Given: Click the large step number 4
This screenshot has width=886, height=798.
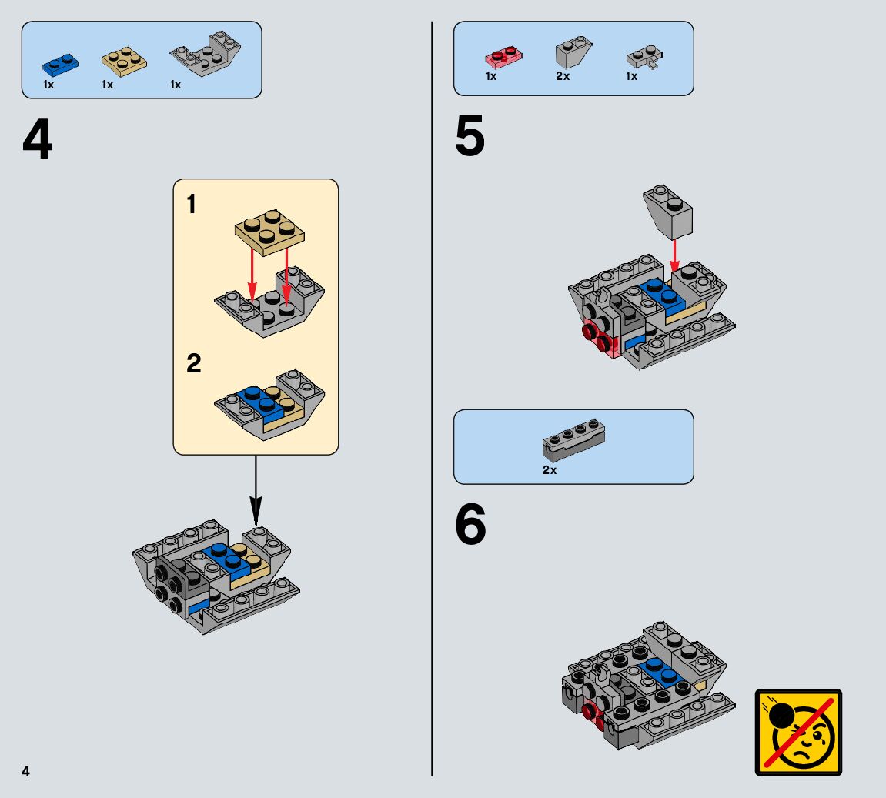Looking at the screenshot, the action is (38, 140).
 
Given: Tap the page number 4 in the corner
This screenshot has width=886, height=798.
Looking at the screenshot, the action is (26, 771).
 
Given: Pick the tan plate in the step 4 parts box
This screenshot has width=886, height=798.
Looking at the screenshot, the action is (123, 62).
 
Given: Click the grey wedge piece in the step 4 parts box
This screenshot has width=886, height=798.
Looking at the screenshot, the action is (205, 55).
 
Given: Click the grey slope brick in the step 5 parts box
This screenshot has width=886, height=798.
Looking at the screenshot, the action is (573, 54).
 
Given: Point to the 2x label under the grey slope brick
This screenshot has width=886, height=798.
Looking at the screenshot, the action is (563, 77).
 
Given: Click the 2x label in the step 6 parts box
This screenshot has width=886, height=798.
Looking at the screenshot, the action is (549, 470).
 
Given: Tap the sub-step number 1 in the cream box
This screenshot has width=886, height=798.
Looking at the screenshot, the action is (192, 205).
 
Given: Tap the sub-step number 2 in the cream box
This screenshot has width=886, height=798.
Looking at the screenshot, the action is (193, 363).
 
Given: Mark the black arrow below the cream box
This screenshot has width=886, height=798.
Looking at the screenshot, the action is (256, 493).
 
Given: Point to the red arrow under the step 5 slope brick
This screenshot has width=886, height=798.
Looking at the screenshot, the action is (674, 253).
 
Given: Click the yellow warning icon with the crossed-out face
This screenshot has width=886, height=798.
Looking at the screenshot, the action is (798, 732).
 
